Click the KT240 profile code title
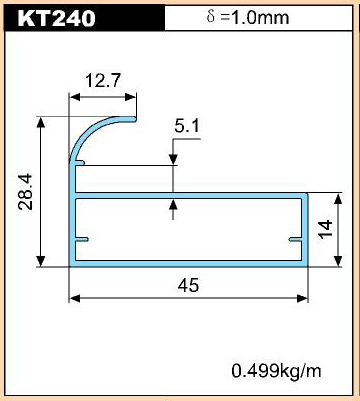click(57, 18)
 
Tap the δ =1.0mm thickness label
click(247, 17)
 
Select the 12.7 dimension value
click(102, 80)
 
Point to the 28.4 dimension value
click(26, 191)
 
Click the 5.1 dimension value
click(187, 126)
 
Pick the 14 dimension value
click(325, 229)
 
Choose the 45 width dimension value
click(188, 286)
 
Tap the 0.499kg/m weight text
click(276, 371)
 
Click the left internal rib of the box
click(82, 239)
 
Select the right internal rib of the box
click(295, 239)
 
